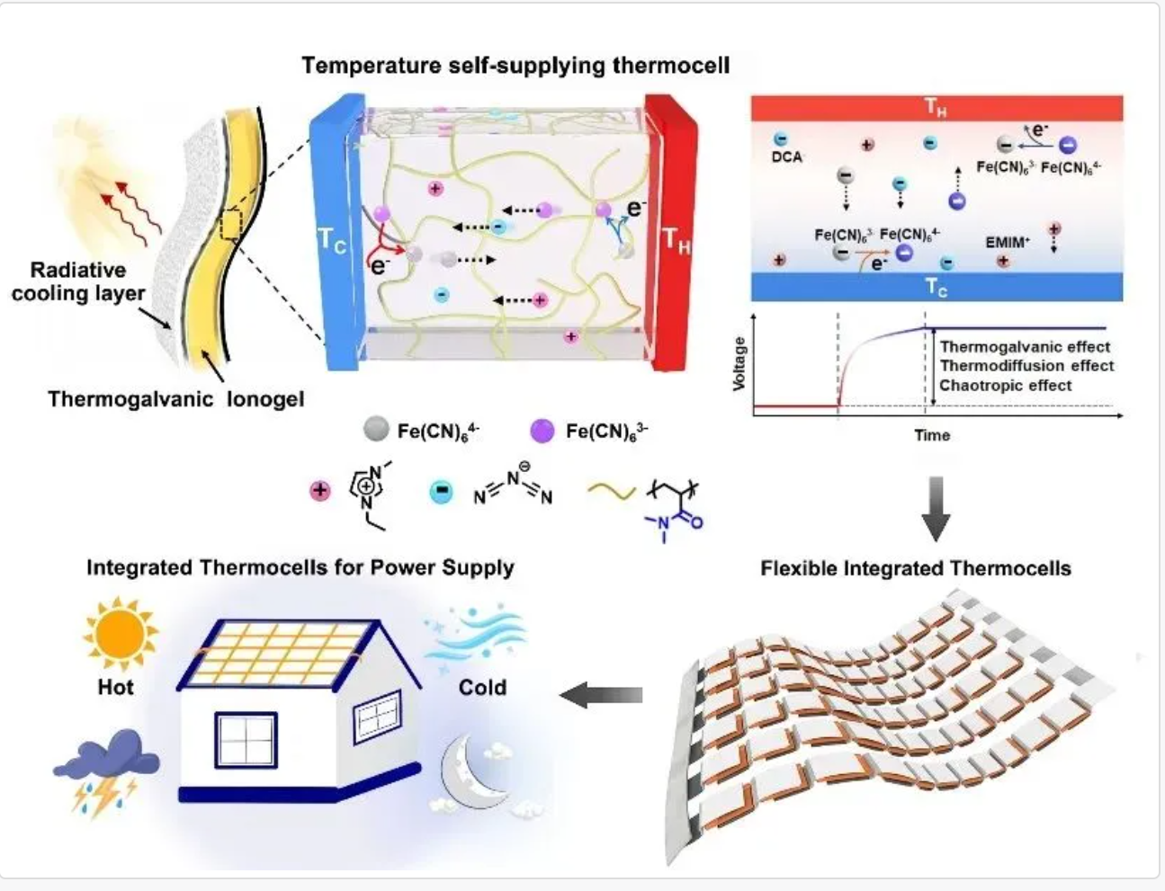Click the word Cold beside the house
pyautogui.click(x=482, y=688)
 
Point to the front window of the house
pyautogui.click(x=246, y=740)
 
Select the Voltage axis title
pyautogui.click(x=739, y=363)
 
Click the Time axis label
pyautogui.click(x=932, y=435)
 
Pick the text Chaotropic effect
pyautogui.click(x=1005, y=386)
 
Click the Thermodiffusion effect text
pyautogui.click(x=1026, y=366)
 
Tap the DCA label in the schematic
pyautogui.click(x=786, y=157)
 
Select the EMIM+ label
pyautogui.click(x=1008, y=242)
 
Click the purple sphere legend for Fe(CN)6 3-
pyautogui.click(x=542, y=431)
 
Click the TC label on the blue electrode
pyautogui.click(x=330, y=241)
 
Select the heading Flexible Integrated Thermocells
pyautogui.click(x=915, y=568)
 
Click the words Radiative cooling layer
pyautogui.click(x=78, y=281)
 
